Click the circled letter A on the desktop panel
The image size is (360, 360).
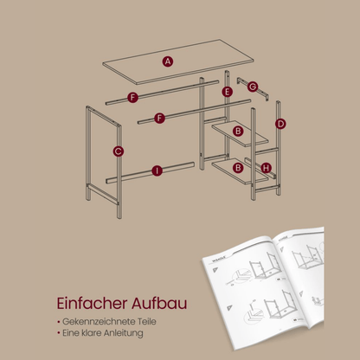(167, 61)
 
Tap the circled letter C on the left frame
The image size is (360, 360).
(118, 152)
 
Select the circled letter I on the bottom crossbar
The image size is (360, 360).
(156, 170)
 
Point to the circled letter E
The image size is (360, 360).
(227, 92)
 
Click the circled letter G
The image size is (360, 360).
(253, 87)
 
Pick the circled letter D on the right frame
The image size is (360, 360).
(281, 124)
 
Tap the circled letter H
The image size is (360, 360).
(266, 167)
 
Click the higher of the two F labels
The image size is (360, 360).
(132, 98)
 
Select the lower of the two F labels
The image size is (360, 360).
(160, 118)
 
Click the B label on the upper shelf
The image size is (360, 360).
(238, 131)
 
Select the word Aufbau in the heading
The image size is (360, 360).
(161, 305)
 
